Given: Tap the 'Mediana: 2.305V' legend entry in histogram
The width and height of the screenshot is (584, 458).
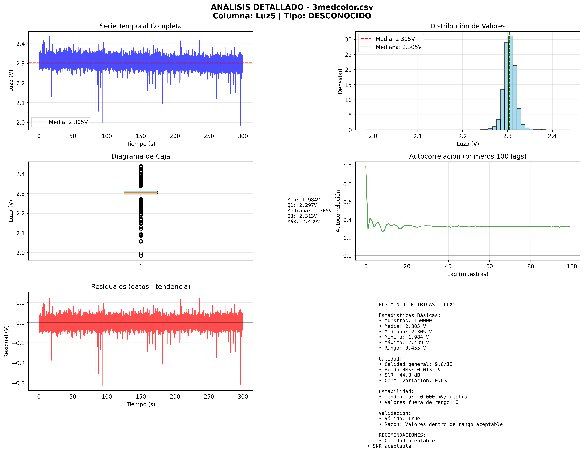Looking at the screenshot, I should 398,47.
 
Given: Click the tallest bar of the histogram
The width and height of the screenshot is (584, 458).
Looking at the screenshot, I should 511,83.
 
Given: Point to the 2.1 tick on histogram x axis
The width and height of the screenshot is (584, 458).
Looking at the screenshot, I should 417,136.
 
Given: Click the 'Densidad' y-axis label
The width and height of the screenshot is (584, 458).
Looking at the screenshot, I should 340,81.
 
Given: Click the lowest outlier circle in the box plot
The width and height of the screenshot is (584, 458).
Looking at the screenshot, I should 141,256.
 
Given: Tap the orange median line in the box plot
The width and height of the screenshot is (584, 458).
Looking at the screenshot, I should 141,192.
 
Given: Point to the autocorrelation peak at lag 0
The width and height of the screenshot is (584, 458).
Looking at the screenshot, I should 366,166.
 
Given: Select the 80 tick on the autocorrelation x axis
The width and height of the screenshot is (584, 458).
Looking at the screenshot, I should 531,266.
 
